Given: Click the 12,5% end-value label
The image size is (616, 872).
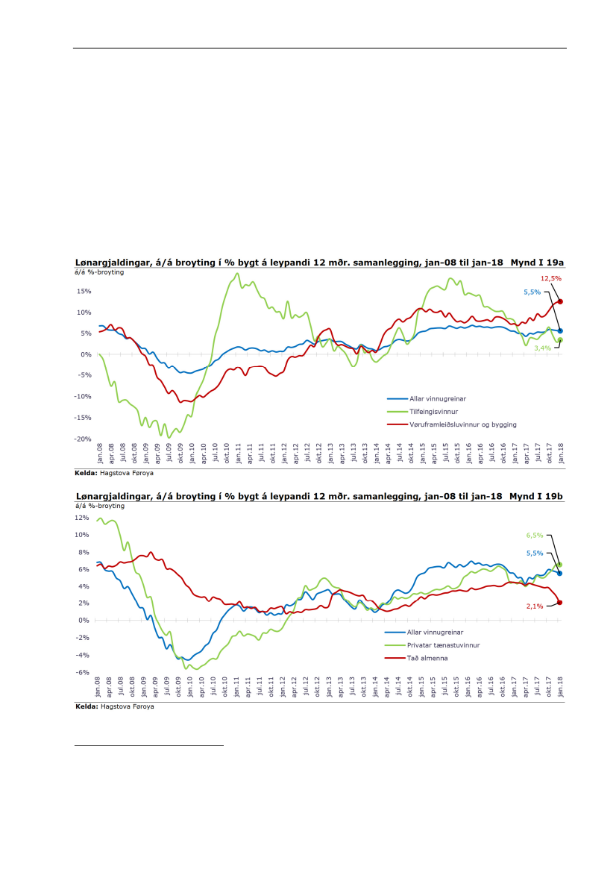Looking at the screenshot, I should [x=551, y=278].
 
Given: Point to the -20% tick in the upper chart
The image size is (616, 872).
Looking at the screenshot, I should [x=84, y=439].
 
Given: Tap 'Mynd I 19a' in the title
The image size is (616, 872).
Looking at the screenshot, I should [x=537, y=263].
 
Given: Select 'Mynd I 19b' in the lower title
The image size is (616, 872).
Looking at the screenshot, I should [x=537, y=496].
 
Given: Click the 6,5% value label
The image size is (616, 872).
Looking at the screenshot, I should [x=535, y=536].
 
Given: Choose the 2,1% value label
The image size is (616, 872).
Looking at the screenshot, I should [x=535, y=606].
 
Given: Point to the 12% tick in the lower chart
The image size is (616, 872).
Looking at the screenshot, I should [x=83, y=518].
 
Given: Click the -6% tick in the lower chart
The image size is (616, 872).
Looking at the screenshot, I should [x=83, y=672].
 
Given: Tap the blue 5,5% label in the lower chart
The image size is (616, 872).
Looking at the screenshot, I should [x=535, y=553].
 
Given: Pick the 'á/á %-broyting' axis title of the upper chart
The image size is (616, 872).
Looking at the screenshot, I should [x=98, y=272].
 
